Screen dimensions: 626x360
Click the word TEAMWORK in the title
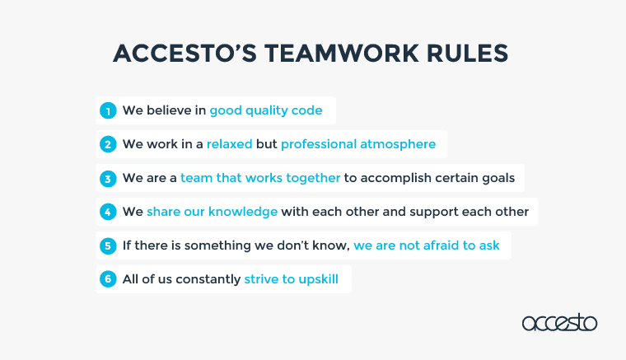(x=341, y=53)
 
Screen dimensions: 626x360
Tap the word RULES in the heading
(x=468, y=53)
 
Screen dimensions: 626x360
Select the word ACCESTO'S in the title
(x=185, y=53)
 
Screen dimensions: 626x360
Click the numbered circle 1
(x=108, y=110)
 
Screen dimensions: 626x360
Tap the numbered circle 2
(x=108, y=144)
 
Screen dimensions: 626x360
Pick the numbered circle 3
(x=108, y=179)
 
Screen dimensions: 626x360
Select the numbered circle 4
(x=108, y=212)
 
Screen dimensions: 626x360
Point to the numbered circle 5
(x=108, y=245)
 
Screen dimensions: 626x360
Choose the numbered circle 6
(x=108, y=279)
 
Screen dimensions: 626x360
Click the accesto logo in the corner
(x=559, y=322)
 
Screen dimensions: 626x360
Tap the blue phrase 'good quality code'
(x=266, y=110)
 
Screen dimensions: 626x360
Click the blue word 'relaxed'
(x=230, y=144)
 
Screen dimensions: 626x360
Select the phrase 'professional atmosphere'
(x=358, y=144)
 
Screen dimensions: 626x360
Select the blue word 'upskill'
(x=318, y=279)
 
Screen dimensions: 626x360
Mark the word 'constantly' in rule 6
(x=208, y=279)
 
